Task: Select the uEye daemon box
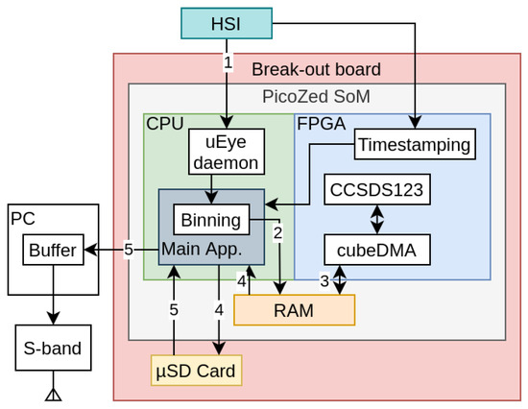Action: tap(228, 152)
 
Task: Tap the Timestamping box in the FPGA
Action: tap(415, 145)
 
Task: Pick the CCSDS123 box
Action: tap(375, 190)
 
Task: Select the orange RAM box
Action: tap(294, 309)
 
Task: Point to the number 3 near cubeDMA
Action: tap(324, 281)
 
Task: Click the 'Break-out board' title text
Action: tap(316, 69)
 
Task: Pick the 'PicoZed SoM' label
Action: tap(316, 97)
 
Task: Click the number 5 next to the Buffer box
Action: tap(129, 250)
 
